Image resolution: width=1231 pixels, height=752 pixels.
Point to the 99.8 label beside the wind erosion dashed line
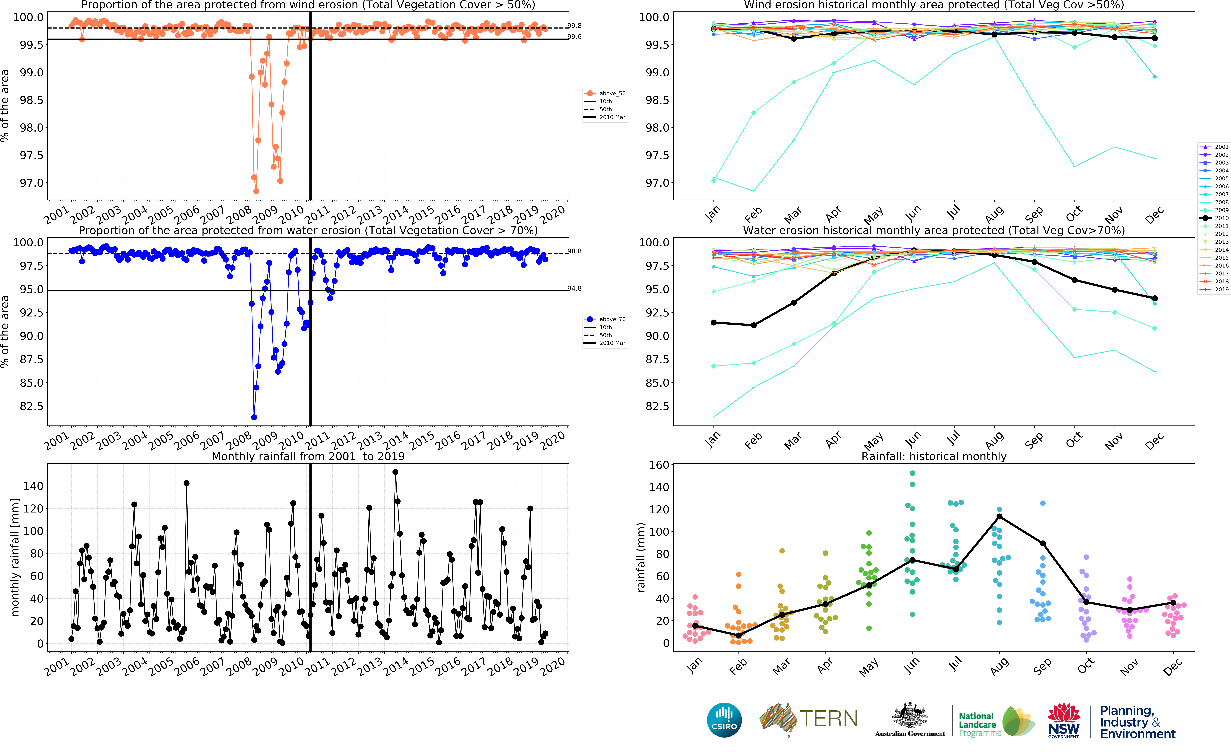click(x=575, y=26)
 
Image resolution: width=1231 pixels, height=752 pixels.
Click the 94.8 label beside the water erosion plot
click(x=575, y=289)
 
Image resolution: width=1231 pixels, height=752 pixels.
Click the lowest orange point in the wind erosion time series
click(x=256, y=191)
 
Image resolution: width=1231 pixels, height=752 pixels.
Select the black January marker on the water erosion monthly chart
click(x=713, y=323)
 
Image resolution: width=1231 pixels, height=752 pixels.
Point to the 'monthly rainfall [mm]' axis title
click(x=15, y=557)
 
